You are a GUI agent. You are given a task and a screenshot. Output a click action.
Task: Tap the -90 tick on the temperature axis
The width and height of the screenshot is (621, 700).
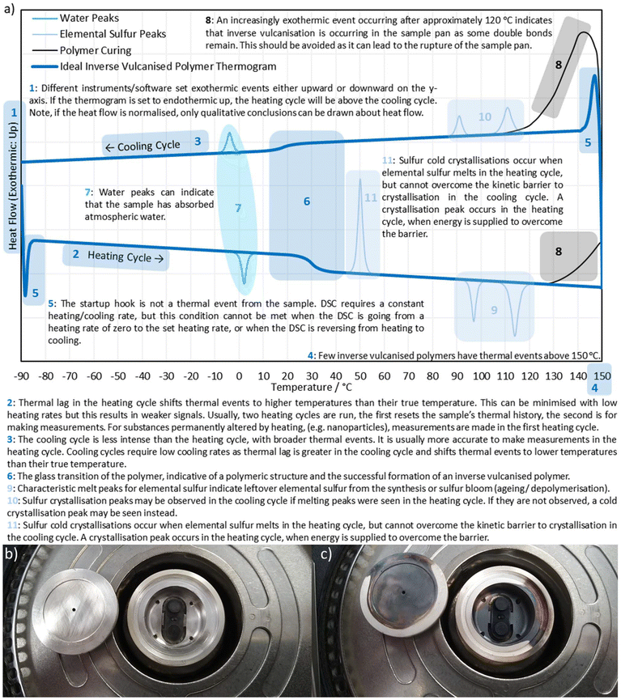[x=21, y=375]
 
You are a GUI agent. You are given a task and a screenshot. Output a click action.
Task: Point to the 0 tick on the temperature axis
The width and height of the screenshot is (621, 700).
[x=239, y=375]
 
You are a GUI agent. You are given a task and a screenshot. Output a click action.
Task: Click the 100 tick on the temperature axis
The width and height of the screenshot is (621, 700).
[x=481, y=375]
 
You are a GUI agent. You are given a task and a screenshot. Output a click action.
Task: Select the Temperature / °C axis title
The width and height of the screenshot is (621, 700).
[x=312, y=387]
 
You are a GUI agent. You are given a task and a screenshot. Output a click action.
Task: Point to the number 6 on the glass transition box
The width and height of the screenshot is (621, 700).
[x=307, y=202]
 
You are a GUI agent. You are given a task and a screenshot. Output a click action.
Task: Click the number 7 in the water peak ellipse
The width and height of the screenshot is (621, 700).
[x=238, y=208]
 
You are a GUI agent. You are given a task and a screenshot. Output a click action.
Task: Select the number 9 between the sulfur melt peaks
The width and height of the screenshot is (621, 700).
[x=494, y=310]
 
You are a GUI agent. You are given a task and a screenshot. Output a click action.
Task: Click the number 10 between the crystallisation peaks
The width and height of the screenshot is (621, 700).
[x=485, y=117]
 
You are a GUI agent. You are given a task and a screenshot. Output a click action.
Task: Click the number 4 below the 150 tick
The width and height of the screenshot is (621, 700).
[x=594, y=388]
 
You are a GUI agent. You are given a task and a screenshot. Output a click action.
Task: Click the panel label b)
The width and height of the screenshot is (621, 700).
[x=11, y=554]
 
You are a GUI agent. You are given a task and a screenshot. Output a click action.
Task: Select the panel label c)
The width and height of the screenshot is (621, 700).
[x=326, y=554]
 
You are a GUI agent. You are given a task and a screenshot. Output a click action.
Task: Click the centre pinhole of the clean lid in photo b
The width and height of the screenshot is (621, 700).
[x=74, y=609]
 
